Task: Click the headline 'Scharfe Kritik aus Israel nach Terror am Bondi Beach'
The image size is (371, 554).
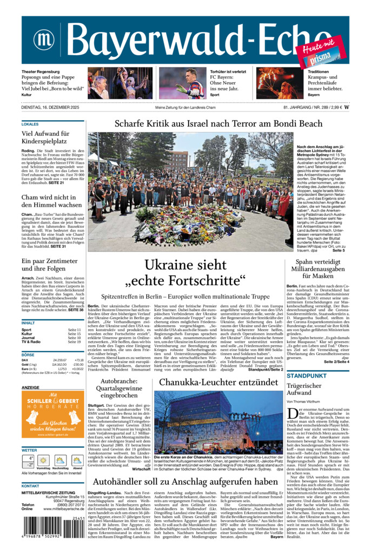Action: click(x=218, y=124)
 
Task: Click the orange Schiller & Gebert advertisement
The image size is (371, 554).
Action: click(x=52, y=414)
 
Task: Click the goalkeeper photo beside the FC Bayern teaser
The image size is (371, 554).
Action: click(x=183, y=83)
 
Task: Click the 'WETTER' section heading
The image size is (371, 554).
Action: click(x=30, y=450)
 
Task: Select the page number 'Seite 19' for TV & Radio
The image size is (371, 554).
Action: click(x=74, y=342)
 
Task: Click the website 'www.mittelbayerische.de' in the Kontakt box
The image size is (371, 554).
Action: click(x=59, y=509)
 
